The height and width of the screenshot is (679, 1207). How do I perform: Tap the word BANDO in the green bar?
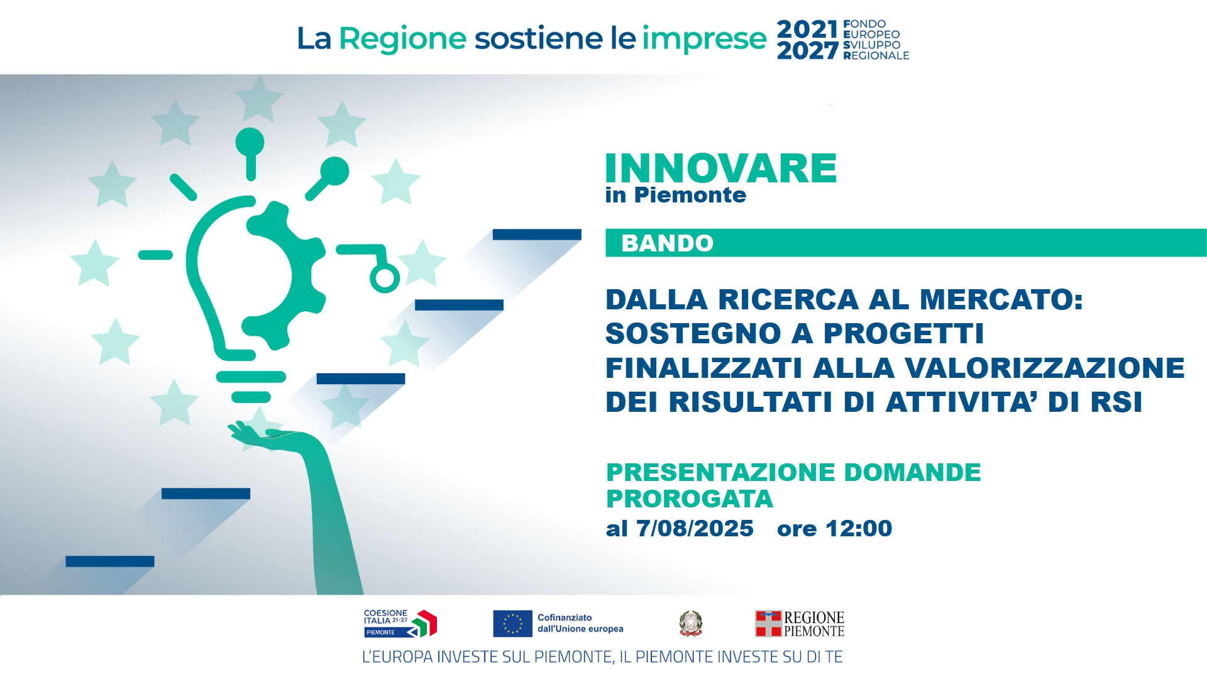pos(668,243)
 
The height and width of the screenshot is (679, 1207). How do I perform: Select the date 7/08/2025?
pos(695,529)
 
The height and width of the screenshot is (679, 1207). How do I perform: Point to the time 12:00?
pos(859,529)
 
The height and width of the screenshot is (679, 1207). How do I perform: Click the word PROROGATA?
pos(690,499)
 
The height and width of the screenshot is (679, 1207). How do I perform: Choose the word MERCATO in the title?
pos(1001,300)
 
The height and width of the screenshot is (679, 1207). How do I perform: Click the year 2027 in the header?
pos(808,50)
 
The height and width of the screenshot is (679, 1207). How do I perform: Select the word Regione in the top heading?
pos(403,39)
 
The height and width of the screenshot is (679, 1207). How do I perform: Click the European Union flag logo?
pos(512,624)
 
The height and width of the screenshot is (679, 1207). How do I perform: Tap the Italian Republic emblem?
pos(690,623)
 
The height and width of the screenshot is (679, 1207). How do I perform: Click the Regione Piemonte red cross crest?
pos(768,624)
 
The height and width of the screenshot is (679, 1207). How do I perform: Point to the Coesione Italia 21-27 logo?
pos(400,624)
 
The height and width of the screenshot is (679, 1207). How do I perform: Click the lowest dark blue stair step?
pos(110,561)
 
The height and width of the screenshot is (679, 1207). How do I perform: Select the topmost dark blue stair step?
pos(537,235)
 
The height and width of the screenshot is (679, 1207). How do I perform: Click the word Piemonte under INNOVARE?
pos(690,196)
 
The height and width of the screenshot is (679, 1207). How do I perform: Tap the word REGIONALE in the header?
pos(876,56)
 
